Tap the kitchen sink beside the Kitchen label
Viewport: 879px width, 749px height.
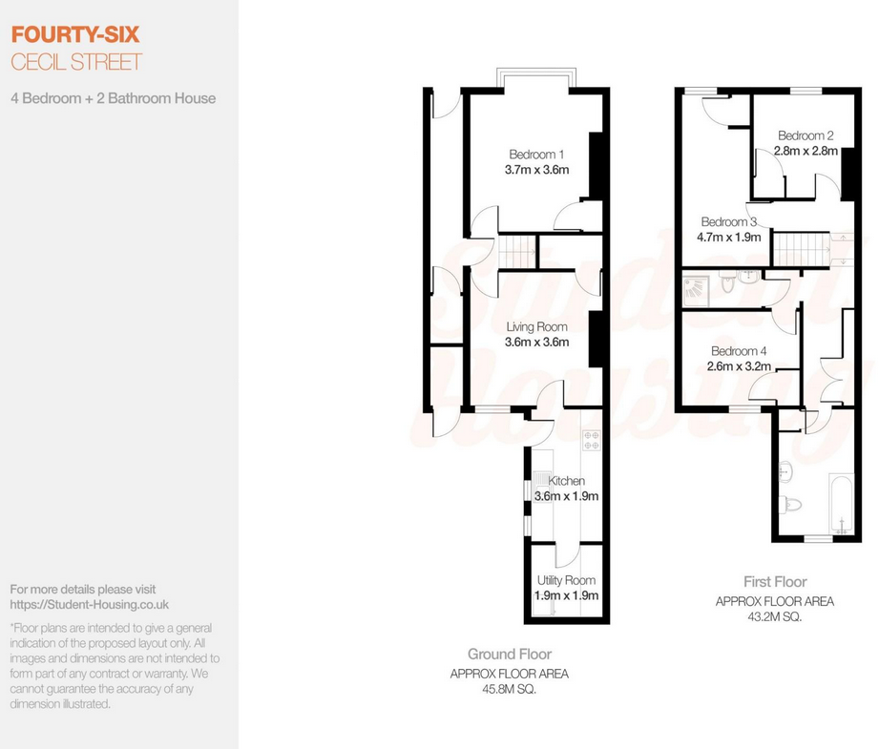click(541, 485)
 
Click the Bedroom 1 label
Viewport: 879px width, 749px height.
click(536, 155)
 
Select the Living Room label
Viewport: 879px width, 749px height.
click(536, 327)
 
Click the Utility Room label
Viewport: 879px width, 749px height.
click(566, 580)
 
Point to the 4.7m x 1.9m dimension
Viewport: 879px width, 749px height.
click(728, 237)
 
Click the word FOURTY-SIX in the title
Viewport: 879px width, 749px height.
click(74, 35)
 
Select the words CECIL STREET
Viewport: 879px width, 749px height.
click(75, 63)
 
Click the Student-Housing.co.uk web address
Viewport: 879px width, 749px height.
click(90, 604)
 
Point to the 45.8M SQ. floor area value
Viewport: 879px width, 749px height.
click(509, 689)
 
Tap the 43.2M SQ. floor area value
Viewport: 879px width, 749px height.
click(774, 616)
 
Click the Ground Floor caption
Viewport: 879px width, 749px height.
click(509, 655)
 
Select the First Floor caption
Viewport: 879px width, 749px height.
click(774, 581)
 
